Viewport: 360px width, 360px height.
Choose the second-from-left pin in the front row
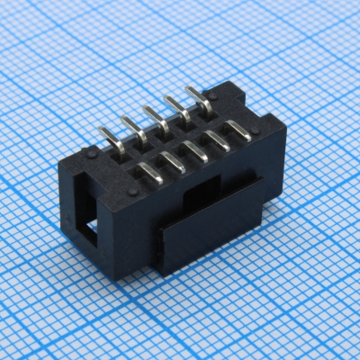coord(174,160)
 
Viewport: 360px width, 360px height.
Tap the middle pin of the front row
coord(196,148)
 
